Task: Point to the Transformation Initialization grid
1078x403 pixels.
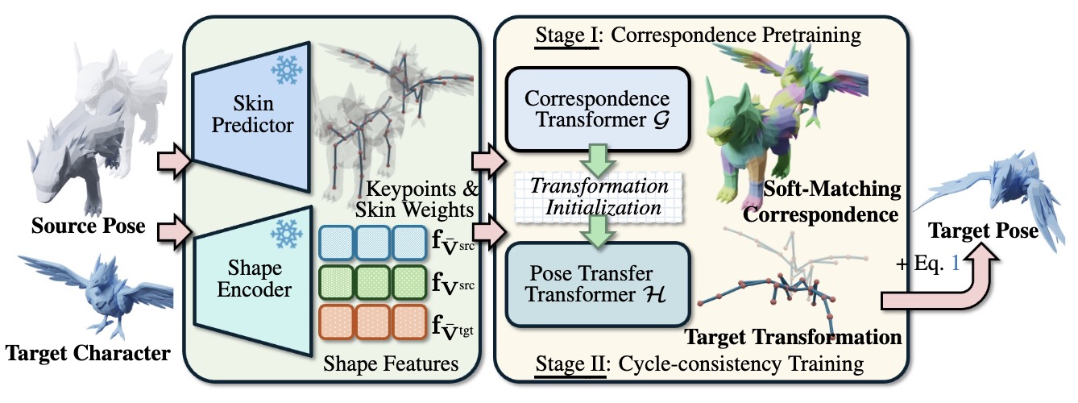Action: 597,195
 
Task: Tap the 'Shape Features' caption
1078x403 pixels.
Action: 392,364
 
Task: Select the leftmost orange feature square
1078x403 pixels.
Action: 338,324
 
